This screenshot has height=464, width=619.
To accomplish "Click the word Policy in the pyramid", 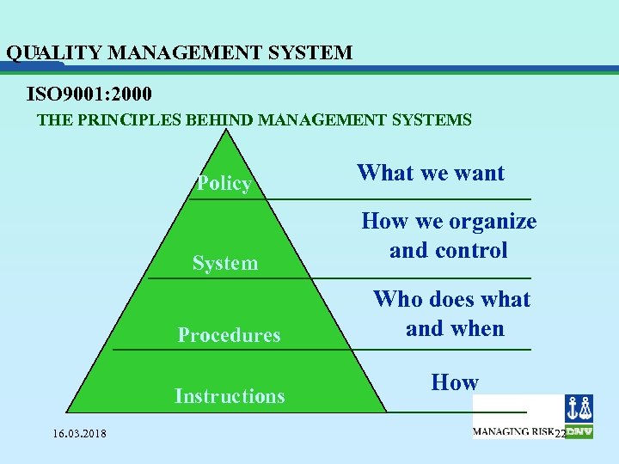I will tap(224, 183).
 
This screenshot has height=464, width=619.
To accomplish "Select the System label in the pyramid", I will tap(225, 263).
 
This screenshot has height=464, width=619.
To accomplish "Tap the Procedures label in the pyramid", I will tap(229, 335).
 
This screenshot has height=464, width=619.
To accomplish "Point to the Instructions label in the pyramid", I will tap(230, 396).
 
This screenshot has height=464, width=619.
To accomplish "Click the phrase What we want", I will tap(431, 173).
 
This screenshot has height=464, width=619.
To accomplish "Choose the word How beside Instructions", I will tap(455, 382).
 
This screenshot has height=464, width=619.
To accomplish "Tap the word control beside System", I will tap(471, 251).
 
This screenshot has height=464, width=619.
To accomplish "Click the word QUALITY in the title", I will tap(55, 53).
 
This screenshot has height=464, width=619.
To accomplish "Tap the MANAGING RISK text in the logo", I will tap(512, 431).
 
